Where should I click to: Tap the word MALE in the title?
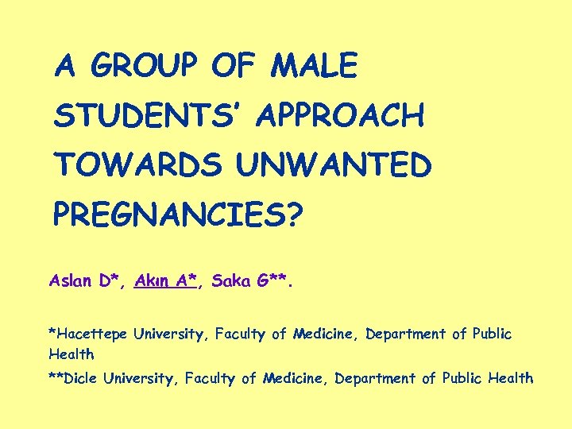click(314, 66)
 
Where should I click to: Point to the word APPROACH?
click(341, 116)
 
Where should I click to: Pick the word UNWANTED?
click(333, 165)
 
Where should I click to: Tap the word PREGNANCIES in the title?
click(166, 215)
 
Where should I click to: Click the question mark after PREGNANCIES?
click(294, 215)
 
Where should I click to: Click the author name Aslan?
click(70, 280)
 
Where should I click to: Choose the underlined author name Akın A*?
click(166, 280)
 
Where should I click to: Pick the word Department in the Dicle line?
click(376, 379)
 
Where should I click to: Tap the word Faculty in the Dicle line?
click(210, 379)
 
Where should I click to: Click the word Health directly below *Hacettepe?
click(71, 354)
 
